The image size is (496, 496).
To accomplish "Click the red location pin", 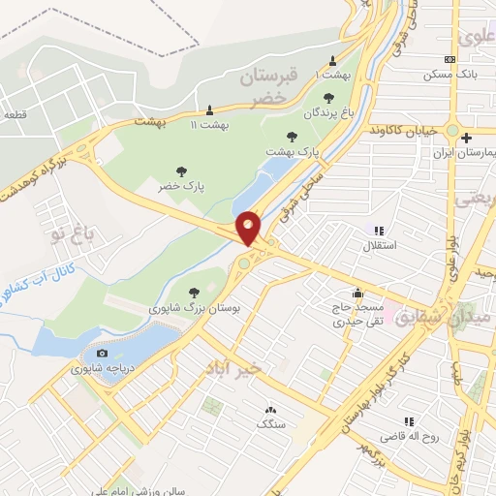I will [249, 228].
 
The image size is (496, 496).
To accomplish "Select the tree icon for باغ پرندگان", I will [328, 97].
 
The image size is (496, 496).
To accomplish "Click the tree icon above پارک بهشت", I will [293, 137].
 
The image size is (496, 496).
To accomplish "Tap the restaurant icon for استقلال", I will [379, 231].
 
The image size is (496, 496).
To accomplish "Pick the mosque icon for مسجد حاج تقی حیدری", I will [358, 293].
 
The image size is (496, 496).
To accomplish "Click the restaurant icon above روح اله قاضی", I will [409, 421].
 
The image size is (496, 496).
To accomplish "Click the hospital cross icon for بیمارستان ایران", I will [466, 138].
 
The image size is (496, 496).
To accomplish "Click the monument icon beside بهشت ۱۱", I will [209, 108].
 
